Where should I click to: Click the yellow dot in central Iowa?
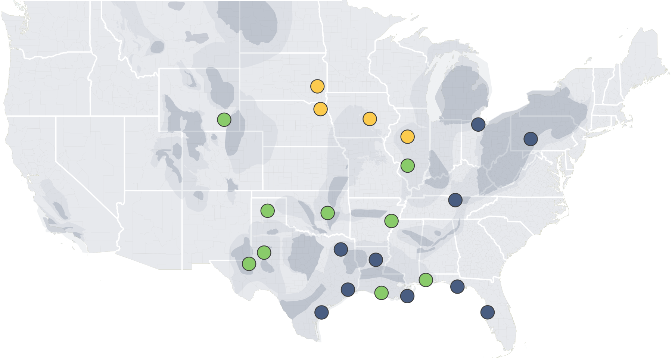pos(369,119)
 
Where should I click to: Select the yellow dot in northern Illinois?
pos(407,137)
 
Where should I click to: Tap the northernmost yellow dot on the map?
pos(317,87)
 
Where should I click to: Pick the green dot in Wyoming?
pos(224,120)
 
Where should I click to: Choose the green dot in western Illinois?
pos(407,165)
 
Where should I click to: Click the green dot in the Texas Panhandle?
pos(267,211)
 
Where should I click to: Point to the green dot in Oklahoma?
pos(327,213)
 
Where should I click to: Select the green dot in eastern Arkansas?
pos(391,221)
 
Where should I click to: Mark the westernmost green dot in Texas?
pos(249,264)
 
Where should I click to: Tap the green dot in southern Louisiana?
pos(381,293)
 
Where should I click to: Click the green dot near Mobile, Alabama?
pos(426,279)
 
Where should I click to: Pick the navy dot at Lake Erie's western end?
pos(478,124)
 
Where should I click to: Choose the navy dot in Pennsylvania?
pos(530,139)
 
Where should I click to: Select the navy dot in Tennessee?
pos(455,200)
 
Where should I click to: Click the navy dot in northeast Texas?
pos(340,249)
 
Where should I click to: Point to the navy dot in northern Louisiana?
pos(376,259)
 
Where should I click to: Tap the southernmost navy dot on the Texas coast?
pos(321,312)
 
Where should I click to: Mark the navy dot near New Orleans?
pos(407,296)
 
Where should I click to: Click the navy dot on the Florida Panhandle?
pos(457,287)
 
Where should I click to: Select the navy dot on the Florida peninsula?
pos(487,312)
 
